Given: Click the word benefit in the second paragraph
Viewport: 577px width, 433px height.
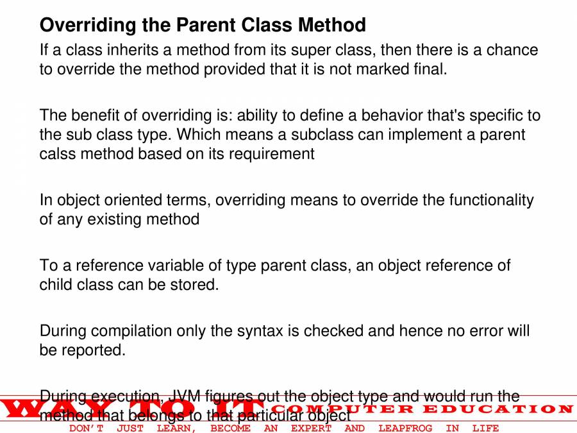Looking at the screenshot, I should [97, 115].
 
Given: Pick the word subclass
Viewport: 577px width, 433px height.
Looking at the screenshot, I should [324, 135].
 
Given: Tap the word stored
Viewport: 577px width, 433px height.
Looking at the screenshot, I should [195, 284].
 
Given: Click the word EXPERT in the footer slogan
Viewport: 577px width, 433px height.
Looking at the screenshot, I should [311, 428].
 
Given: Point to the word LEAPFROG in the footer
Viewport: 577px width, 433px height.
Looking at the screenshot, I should [405, 428].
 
